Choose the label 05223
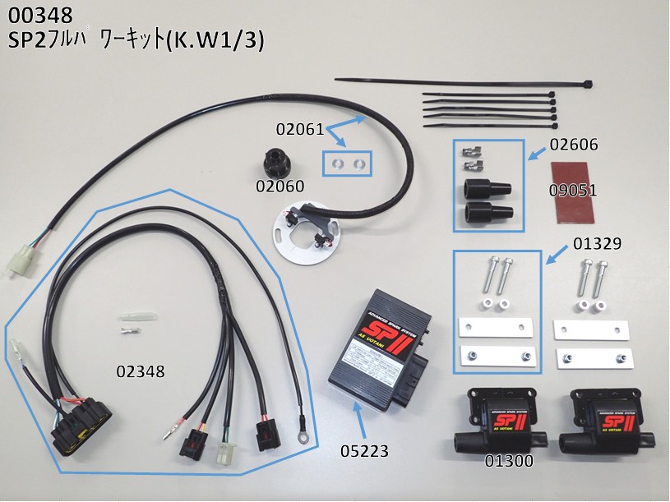(x=365, y=451)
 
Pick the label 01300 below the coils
(x=508, y=461)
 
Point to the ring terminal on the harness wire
(x=305, y=440)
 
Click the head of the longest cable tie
(x=585, y=84)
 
